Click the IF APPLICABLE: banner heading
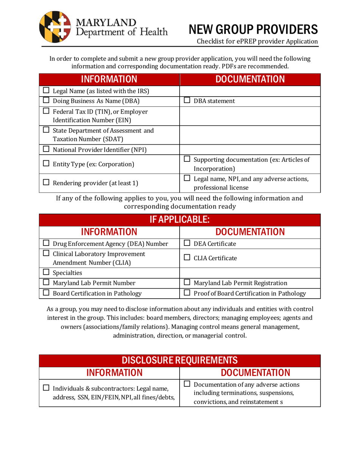(180, 220)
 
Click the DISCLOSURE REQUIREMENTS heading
(180, 359)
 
